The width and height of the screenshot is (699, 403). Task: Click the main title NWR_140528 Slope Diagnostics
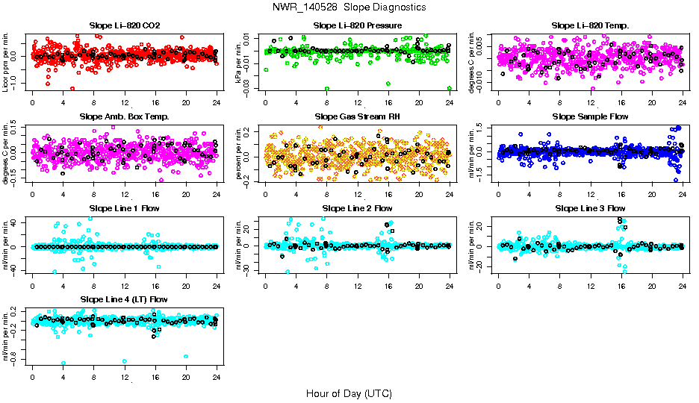point(349,7)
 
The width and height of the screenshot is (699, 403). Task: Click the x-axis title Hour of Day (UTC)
point(349,393)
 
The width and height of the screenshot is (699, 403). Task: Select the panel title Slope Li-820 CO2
point(124,25)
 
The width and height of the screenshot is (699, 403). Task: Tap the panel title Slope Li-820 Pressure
point(357,25)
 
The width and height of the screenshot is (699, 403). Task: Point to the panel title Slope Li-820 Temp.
point(590,25)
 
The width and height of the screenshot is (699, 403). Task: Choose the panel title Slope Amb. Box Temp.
point(124,116)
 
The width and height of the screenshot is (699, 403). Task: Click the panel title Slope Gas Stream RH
point(357,116)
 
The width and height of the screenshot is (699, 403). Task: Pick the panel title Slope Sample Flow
point(590,116)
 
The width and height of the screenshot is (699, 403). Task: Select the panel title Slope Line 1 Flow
point(124,207)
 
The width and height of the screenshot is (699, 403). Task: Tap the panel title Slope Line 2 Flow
point(357,207)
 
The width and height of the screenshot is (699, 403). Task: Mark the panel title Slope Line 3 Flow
point(590,207)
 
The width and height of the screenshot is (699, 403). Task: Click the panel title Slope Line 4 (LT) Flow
point(124,299)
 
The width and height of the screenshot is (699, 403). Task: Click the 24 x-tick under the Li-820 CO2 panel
point(217,102)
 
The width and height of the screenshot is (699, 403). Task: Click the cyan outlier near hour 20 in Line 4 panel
point(186,356)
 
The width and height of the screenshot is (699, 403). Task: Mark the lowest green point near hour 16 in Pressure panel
point(388,84)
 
